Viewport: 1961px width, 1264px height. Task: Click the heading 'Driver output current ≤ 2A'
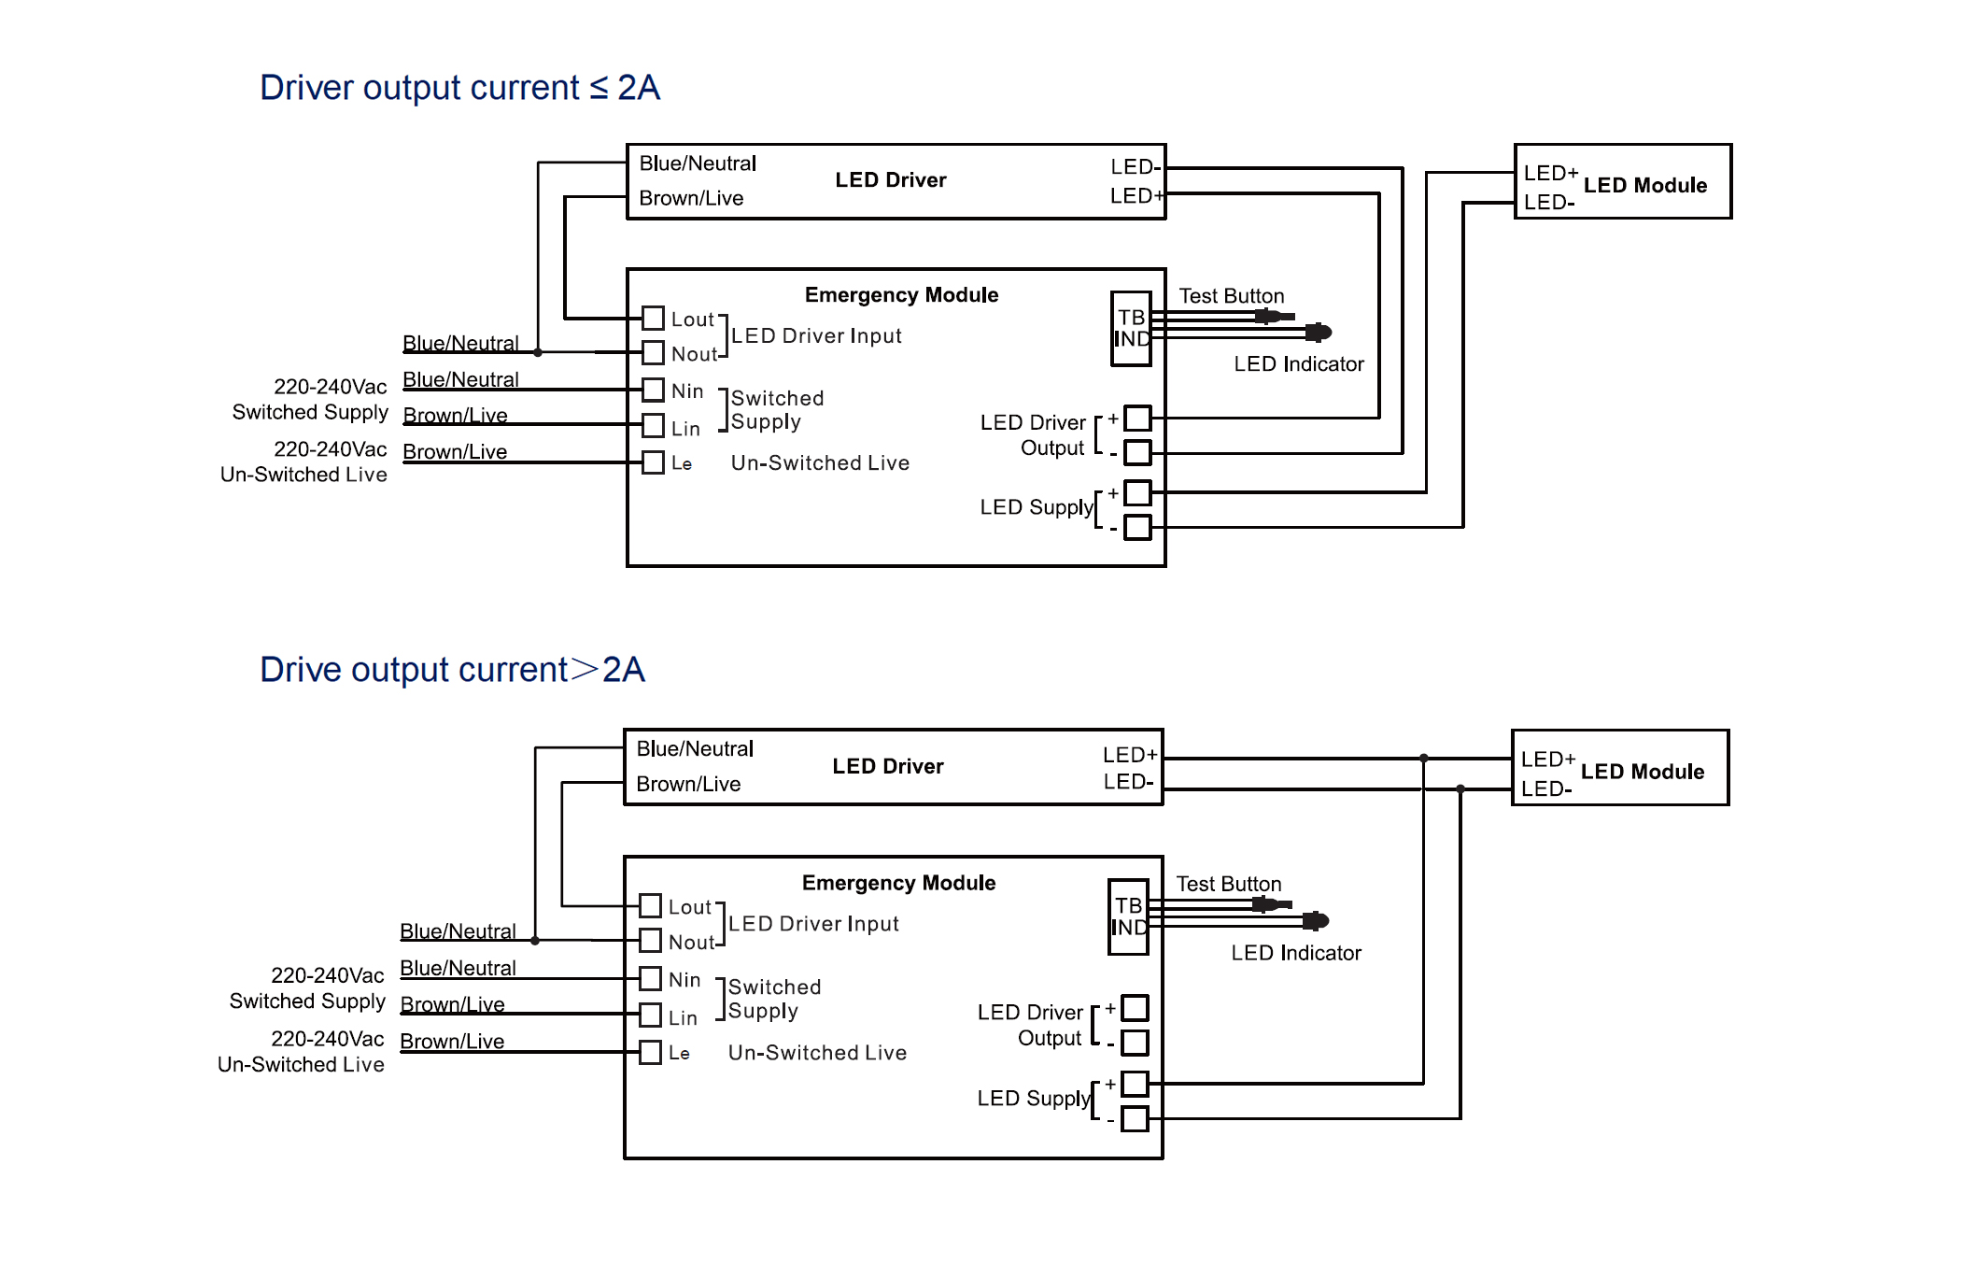pyautogui.click(x=459, y=88)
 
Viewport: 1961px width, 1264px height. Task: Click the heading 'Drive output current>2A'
pyautogui.click(x=452, y=670)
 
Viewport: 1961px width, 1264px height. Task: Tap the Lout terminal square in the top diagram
pyautogui.click(x=654, y=319)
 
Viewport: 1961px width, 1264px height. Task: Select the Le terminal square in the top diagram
pyautogui.click(x=654, y=462)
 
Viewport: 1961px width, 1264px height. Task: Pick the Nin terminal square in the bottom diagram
pyautogui.click(x=651, y=978)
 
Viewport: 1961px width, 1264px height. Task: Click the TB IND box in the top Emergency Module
pyautogui.click(x=1131, y=329)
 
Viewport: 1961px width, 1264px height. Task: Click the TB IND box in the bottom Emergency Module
pyautogui.click(x=1128, y=916)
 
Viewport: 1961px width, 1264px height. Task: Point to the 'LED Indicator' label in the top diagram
pyautogui.click(x=1298, y=364)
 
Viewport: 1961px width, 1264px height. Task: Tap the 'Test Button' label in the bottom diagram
pyautogui.click(x=1228, y=884)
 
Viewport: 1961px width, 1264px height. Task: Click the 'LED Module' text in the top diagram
pyautogui.click(x=1644, y=185)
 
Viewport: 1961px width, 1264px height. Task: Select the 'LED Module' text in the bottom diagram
pyautogui.click(x=1642, y=772)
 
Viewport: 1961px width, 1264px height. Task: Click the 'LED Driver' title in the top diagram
pyautogui.click(x=890, y=180)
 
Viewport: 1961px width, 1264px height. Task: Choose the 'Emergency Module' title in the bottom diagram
pyautogui.click(x=898, y=883)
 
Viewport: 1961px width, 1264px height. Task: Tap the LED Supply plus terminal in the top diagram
pyautogui.click(x=1137, y=492)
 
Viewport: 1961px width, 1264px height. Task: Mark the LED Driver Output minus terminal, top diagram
pyautogui.click(x=1137, y=453)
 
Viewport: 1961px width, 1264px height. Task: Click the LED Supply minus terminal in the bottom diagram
pyautogui.click(x=1135, y=1118)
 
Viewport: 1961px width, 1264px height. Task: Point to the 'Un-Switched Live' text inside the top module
pyautogui.click(x=820, y=463)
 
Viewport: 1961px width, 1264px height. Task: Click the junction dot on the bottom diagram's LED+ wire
pyautogui.click(x=1423, y=759)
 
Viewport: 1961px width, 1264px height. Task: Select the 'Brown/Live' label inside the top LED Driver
pyautogui.click(x=691, y=198)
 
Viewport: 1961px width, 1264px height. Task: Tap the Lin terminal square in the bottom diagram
pyautogui.click(x=651, y=1015)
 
